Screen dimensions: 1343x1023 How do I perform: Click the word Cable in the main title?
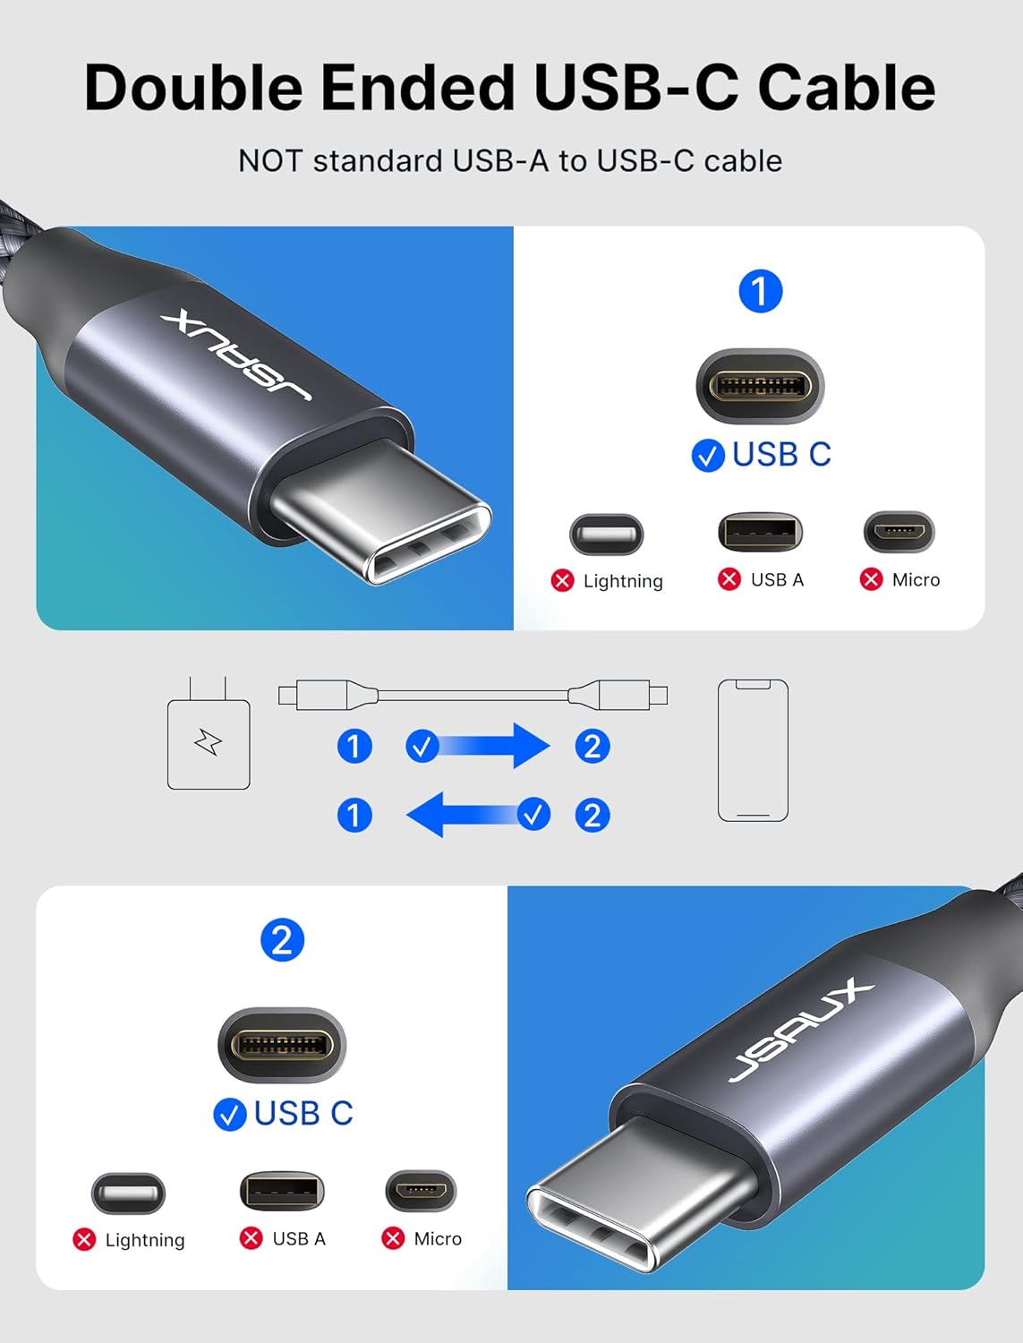point(846,88)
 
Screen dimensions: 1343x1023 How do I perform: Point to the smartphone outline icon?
point(753,750)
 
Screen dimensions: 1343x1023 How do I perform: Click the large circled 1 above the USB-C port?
point(761,292)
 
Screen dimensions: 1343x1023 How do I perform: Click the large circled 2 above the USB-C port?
point(282,940)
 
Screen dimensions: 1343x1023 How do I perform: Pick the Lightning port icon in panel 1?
point(606,535)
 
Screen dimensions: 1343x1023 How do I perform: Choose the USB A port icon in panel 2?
point(282,1191)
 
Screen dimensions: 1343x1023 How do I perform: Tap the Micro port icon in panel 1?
point(899,532)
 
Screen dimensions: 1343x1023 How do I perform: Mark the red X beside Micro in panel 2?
point(393,1238)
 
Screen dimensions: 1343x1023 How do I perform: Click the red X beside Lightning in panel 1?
point(562,580)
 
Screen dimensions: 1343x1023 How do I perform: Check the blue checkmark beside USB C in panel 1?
point(708,456)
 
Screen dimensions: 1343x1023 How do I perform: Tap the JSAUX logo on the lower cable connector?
point(800,1029)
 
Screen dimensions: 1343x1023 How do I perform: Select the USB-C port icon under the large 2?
point(282,1045)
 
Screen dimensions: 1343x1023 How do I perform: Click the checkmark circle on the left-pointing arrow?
point(534,814)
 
